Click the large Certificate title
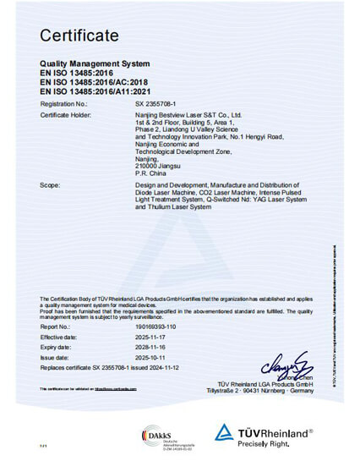79,35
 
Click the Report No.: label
57,325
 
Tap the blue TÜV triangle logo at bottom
225,433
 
